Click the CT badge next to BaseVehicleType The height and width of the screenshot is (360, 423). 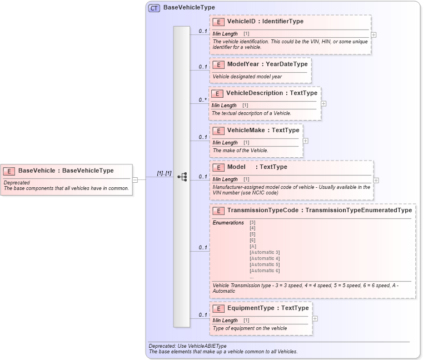[x=154, y=8]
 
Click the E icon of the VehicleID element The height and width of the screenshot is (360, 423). [x=219, y=22]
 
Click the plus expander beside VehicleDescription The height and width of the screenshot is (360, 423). [x=324, y=104]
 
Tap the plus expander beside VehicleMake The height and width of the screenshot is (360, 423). [x=305, y=141]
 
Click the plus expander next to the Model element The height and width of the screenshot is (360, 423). [x=376, y=180]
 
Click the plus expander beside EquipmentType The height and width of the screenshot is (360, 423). [x=315, y=319]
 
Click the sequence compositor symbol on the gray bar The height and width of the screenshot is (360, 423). [x=182, y=177]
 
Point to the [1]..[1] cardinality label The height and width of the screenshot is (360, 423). [x=164, y=173]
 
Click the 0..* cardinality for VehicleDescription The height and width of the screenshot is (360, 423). [x=203, y=101]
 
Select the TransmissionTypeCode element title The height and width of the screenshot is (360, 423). [x=319, y=211]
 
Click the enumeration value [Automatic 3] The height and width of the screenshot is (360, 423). [x=265, y=252]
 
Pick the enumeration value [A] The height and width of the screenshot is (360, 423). [x=253, y=246]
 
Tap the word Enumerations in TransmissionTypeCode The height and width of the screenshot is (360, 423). [x=228, y=223]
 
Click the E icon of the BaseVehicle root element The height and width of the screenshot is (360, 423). [x=9, y=171]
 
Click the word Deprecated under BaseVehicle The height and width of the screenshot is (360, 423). [x=17, y=182]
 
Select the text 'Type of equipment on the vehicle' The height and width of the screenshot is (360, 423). [x=250, y=328]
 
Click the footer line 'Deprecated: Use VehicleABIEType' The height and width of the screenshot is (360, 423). [x=187, y=346]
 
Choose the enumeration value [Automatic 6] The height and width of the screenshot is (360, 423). [x=265, y=271]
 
